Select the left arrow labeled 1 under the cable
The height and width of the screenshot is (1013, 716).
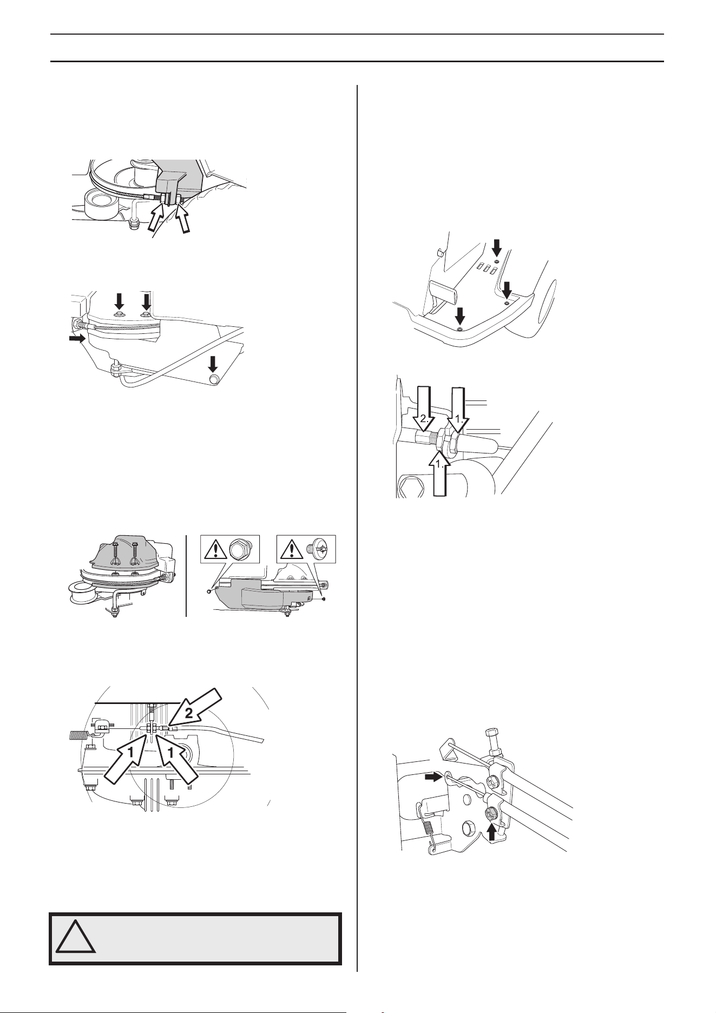tap(123, 762)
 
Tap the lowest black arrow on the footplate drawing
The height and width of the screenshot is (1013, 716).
tap(460, 315)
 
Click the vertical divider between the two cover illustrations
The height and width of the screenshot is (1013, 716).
tap(186, 576)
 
